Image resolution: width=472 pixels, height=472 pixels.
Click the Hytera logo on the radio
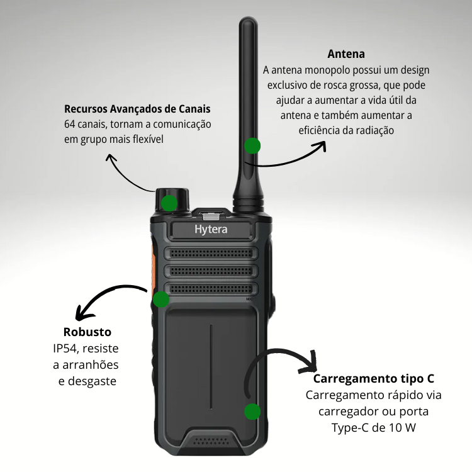coord(211,230)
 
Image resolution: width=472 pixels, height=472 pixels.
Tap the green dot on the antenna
coord(252,146)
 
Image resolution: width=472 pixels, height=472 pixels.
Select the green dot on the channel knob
coord(169,203)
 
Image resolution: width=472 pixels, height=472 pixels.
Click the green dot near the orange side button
coord(161,299)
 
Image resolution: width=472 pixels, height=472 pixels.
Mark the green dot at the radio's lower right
coord(252,411)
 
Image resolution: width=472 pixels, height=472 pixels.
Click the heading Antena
coord(346,54)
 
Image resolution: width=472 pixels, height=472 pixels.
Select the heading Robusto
coord(87,332)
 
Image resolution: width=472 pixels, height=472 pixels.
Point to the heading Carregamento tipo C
coord(374,378)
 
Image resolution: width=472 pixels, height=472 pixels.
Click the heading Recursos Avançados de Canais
coord(137,109)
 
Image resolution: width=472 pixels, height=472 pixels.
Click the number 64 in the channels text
coord(69,124)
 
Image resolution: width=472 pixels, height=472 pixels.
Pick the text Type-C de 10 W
coord(374,427)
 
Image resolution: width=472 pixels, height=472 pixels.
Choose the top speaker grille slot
coord(211,253)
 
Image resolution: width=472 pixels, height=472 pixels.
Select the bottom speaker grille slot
coord(211,289)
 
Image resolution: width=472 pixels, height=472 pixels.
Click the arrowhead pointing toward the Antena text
coord(320,146)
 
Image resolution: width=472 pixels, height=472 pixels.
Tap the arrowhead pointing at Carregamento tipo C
coord(310,362)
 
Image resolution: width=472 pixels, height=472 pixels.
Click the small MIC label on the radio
coord(250,299)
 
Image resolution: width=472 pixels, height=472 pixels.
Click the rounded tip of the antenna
coord(249,21)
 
